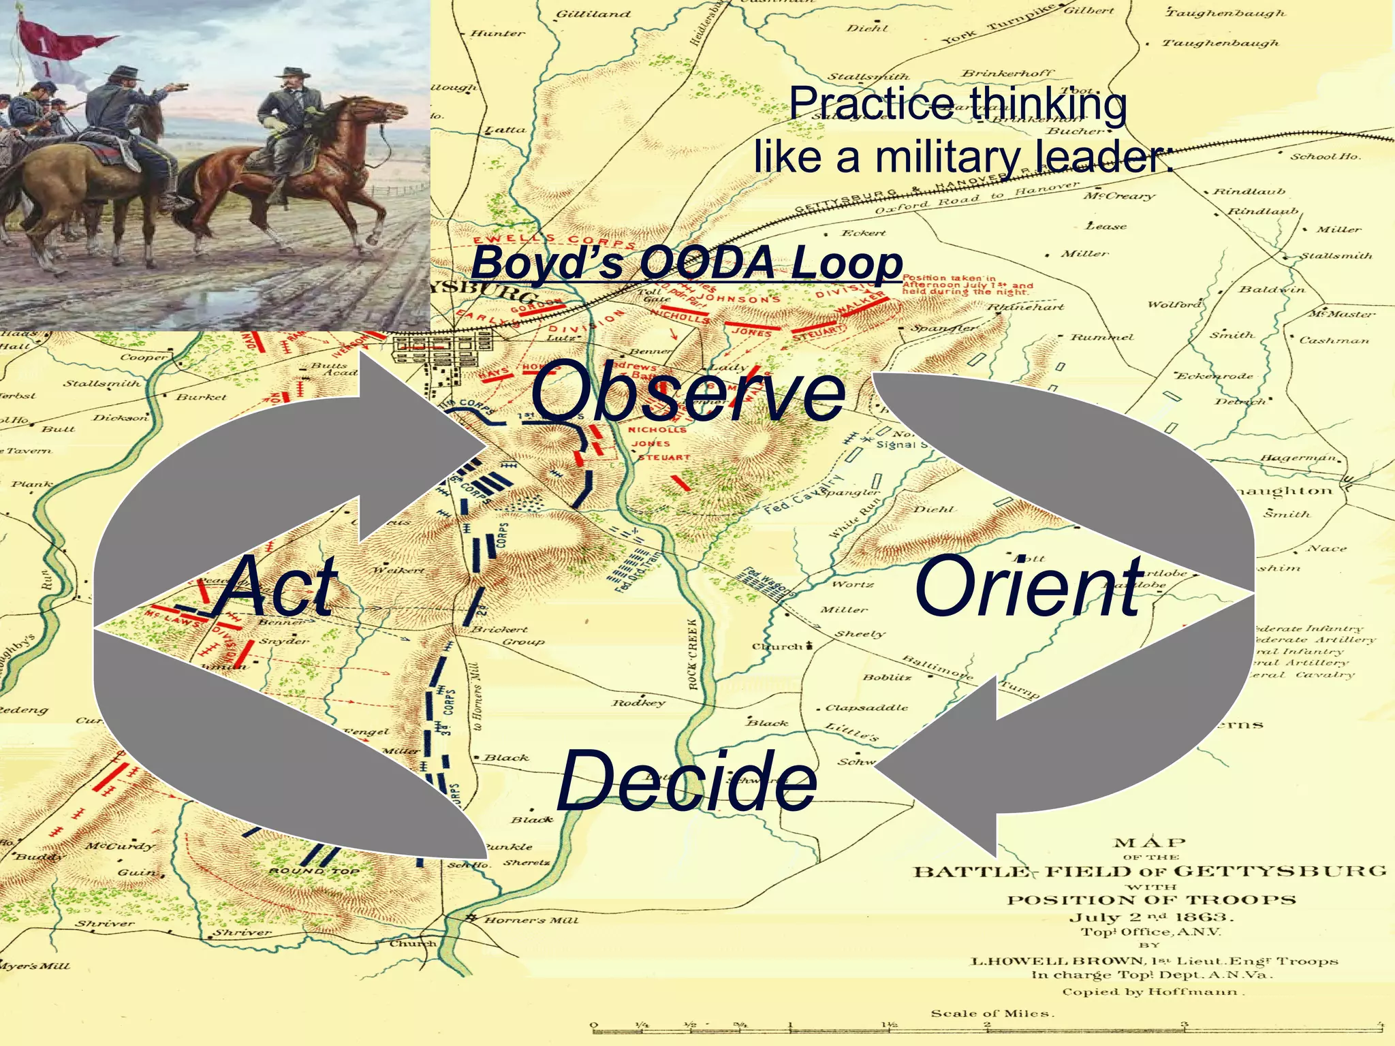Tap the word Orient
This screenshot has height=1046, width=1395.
tap(1029, 586)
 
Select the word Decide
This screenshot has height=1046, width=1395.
tap(687, 782)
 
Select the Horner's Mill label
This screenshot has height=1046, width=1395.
tap(531, 920)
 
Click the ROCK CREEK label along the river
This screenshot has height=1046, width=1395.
tap(693, 654)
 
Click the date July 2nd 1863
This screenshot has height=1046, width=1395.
tap(1151, 917)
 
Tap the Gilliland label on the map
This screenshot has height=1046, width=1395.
tap(593, 14)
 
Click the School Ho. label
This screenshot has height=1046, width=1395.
tap(1325, 157)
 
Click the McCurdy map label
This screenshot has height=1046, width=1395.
tap(119, 846)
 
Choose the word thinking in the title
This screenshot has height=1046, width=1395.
tap(1049, 104)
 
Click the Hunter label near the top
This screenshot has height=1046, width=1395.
tap(497, 33)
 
